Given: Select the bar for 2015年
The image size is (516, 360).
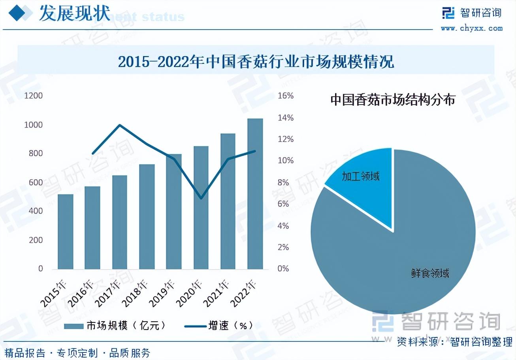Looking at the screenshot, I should pos(66,232).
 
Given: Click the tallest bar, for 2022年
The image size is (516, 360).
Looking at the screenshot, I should pos(255,194).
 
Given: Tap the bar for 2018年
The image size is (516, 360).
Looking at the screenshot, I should pos(147,217).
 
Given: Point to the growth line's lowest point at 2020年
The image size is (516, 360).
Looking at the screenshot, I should pos(201,198).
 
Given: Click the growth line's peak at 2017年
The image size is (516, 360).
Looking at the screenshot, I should pos(120,126).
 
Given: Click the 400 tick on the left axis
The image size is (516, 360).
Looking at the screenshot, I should pos(35,211).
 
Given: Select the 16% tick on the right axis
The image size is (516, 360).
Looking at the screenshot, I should pos(286,96).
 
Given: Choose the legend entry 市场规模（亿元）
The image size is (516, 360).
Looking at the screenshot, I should pos(115,326).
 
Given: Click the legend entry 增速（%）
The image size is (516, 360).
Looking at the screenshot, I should pos(219,326).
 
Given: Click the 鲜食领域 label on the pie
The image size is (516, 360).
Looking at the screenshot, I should pos(429,273).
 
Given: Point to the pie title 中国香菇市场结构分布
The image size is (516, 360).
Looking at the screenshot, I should pos(393,99).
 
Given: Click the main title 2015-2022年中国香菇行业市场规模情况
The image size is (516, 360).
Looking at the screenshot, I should pos(256,62).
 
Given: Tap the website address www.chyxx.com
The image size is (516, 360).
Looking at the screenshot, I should pos(471,28).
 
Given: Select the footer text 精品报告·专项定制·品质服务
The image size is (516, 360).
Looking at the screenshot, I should pos(77,352).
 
